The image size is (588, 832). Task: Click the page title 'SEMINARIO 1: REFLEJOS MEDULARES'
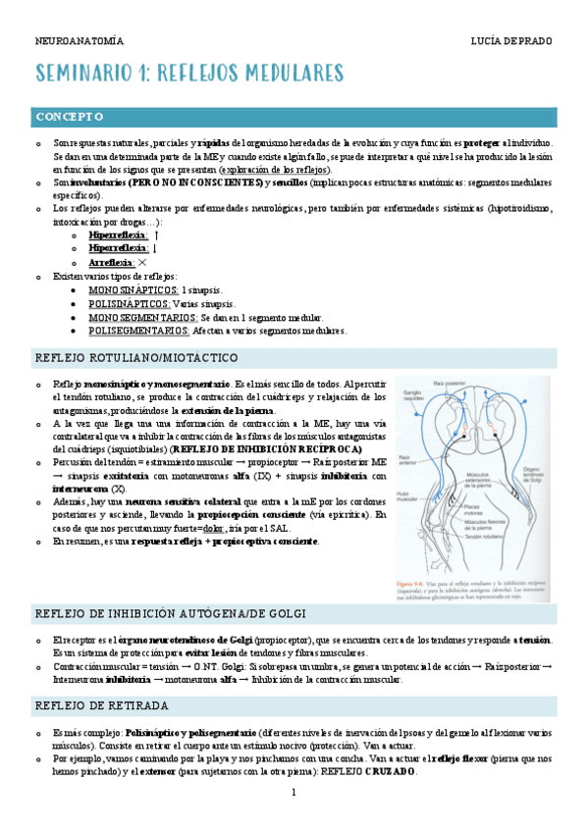click(x=189, y=74)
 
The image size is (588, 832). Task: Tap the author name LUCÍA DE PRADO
click(x=511, y=41)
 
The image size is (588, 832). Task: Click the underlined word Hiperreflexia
click(x=118, y=235)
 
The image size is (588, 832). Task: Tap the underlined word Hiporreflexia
click(x=118, y=249)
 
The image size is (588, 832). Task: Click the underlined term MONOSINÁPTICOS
click(x=134, y=290)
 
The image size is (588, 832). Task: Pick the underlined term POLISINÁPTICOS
click(x=132, y=304)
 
